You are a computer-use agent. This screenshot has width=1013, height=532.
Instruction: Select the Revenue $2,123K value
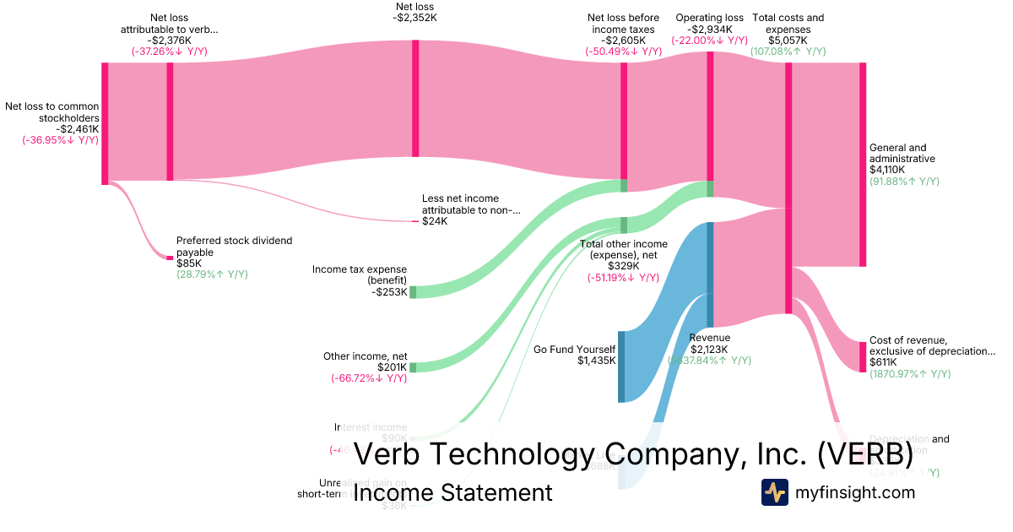[x=709, y=349]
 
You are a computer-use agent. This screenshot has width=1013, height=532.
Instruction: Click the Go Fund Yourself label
[x=575, y=349]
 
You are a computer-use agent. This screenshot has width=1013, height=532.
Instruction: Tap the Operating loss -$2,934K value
[x=709, y=29]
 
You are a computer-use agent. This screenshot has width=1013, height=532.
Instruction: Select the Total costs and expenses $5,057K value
[x=788, y=40]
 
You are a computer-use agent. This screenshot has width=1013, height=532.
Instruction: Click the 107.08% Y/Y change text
[x=788, y=52]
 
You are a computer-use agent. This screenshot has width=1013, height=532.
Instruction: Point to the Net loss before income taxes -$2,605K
[x=624, y=40]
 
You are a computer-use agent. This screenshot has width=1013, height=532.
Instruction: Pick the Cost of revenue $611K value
[x=883, y=362]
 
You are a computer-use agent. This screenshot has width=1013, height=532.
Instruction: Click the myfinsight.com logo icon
[x=774, y=492]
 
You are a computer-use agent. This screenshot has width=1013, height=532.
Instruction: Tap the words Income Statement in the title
[x=452, y=492]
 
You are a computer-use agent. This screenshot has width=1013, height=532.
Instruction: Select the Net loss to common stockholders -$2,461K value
[x=77, y=129]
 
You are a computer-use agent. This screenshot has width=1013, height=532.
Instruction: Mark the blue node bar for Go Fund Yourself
[x=621, y=366]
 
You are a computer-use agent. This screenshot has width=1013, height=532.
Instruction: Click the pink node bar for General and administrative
[x=863, y=165]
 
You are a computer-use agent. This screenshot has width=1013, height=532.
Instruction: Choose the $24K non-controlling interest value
[x=435, y=221]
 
